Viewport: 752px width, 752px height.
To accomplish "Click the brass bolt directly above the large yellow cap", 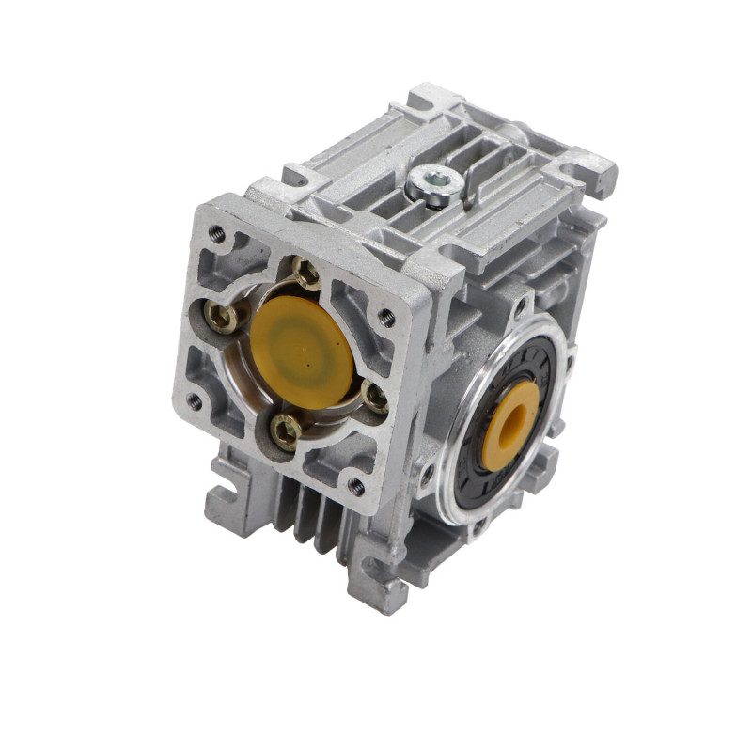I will point(306,274).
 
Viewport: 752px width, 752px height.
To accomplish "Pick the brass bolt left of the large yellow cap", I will point(223,318).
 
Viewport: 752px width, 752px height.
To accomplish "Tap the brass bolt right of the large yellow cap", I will point(374,397).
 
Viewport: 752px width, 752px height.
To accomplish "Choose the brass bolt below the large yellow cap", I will point(285,430).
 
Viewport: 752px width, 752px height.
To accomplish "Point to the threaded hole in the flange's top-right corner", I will point(385,317).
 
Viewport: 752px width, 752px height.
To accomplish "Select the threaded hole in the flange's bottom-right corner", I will point(355,486).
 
